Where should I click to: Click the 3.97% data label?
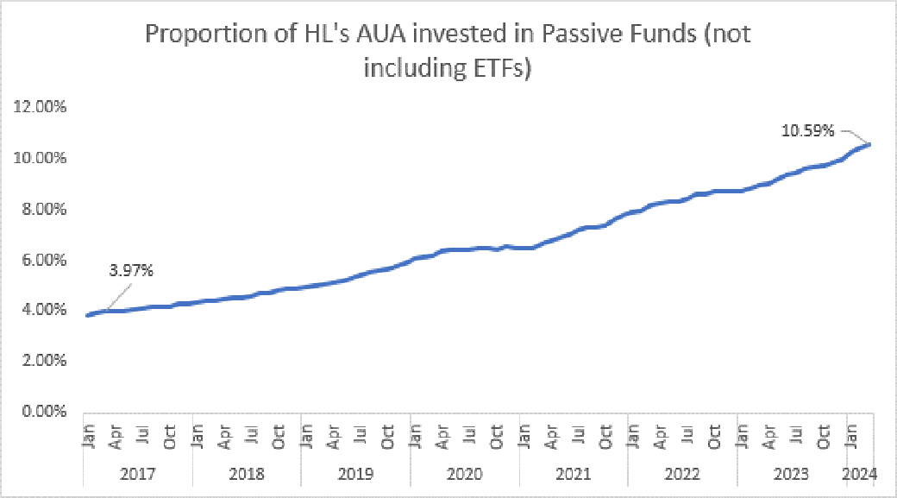131,271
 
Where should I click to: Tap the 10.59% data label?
807,131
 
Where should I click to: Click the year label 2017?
138,474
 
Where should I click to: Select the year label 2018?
247,474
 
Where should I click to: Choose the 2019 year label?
355,474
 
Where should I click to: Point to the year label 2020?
464,474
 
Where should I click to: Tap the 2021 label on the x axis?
573,474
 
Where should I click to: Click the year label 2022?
681,474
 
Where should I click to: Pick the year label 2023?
790,474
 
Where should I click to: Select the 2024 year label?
860,474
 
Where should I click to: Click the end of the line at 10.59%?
869,144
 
